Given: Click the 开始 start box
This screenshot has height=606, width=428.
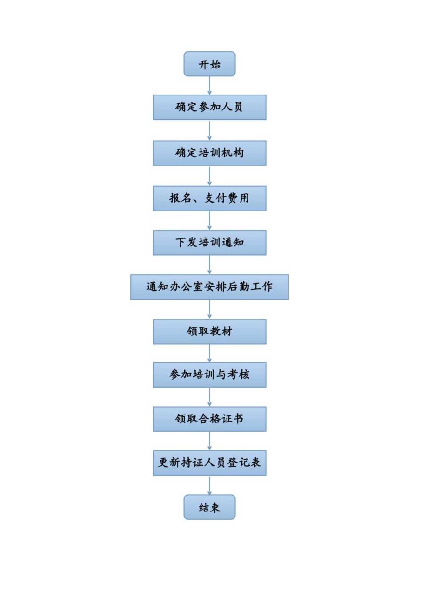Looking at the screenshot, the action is [x=209, y=64].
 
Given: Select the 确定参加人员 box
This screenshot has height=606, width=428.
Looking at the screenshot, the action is [x=209, y=107].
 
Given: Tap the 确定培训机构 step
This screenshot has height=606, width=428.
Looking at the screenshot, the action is [x=209, y=153].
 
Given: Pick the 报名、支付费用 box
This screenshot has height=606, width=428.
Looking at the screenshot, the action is [x=209, y=198].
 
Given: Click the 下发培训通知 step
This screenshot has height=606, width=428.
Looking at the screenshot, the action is [x=209, y=243].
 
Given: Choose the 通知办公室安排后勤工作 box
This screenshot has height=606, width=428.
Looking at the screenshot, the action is [x=209, y=287].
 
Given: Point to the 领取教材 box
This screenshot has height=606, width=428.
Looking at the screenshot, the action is [x=209, y=332].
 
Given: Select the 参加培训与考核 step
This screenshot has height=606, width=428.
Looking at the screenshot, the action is [x=209, y=375].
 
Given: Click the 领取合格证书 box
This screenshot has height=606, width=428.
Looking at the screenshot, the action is [x=209, y=419].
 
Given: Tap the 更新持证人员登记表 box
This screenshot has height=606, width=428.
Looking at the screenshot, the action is [x=209, y=463].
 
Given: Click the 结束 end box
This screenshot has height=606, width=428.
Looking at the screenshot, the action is [x=209, y=507].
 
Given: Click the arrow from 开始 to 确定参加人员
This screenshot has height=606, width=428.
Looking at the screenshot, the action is [x=209, y=85].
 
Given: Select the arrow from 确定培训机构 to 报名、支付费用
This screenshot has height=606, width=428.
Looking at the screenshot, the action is [x=209, y=176].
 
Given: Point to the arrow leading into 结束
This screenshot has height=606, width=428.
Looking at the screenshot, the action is [x=209, y=485].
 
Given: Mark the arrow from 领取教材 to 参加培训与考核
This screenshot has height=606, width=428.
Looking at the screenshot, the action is [x=209, y=353].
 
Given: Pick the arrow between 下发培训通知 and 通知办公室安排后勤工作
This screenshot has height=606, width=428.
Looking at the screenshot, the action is [x=209, y=265].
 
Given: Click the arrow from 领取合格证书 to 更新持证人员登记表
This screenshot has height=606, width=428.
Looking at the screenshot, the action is [x=209, y=441].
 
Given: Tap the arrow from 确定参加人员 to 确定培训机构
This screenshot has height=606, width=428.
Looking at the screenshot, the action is [x=209, y=130].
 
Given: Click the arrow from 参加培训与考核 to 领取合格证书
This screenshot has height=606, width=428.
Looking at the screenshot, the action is [x=209, y=397].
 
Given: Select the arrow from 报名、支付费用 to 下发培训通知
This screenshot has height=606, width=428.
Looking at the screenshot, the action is [x=209, y=220].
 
